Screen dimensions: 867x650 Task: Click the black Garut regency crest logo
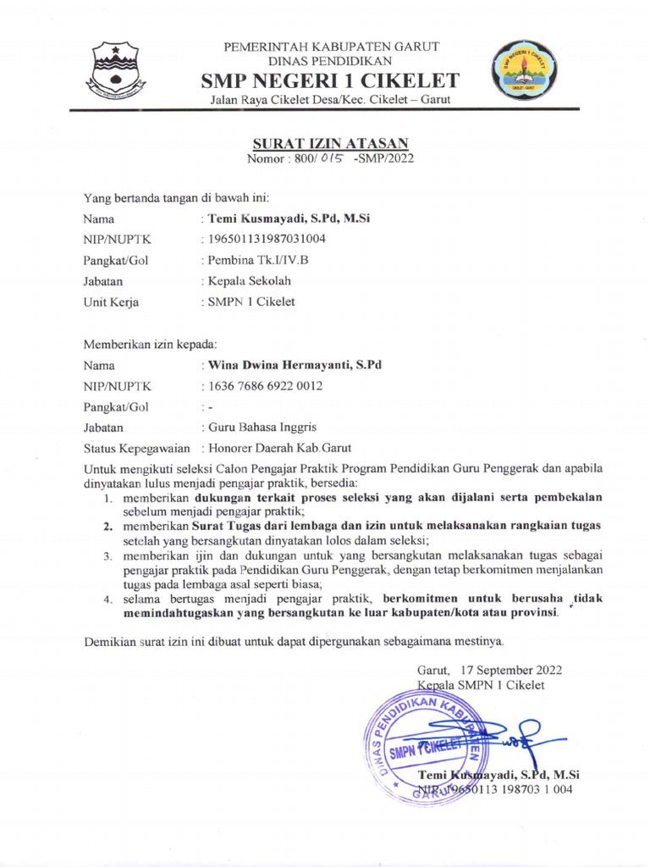117,69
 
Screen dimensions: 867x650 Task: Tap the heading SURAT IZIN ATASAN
330,143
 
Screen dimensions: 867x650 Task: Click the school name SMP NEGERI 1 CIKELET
330,81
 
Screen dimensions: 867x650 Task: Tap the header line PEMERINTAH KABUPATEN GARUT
330,46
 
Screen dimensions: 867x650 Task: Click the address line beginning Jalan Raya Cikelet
330,100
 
